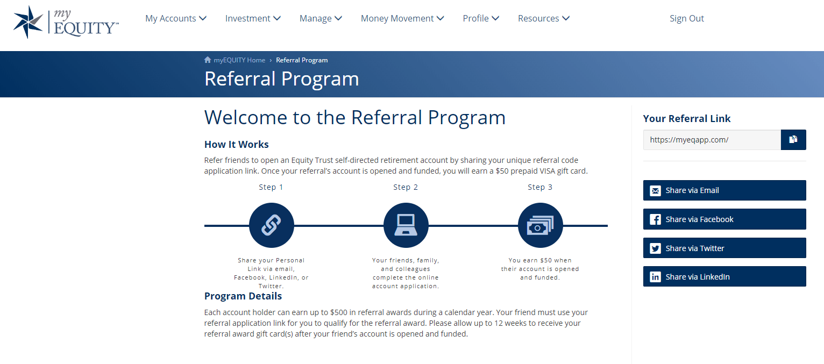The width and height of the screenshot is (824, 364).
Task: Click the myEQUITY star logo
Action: pos(29,22)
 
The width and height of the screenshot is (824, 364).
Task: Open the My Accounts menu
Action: pos(176,18)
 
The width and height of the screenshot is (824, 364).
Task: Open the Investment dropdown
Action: pos(253,18)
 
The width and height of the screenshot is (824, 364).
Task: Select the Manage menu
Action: pos(321,18)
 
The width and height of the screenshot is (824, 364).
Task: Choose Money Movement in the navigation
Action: pos(402,18)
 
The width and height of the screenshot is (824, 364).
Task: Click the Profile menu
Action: pos(481,18)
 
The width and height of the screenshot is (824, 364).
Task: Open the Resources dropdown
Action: pos(544,18)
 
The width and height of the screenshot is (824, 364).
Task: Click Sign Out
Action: pos(687,18)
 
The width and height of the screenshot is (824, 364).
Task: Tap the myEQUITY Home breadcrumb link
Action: pos(239,60)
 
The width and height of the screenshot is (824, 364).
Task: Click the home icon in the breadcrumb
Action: pos(208,60)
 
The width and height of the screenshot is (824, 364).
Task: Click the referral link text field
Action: pos(712,140)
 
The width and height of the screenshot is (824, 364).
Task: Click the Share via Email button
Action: pos(724,190)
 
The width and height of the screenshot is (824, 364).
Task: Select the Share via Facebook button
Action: pos(724,219)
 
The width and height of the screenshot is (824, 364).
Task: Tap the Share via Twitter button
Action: pos(724,248)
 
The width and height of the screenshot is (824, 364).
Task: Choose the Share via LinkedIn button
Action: pos(724,276)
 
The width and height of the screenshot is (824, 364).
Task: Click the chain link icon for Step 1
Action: pos(272,225)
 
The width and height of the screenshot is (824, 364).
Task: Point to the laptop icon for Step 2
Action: pos(406,225)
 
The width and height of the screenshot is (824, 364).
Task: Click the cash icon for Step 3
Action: pos(541,225)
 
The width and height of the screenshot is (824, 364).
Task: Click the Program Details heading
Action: pos(243,296)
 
